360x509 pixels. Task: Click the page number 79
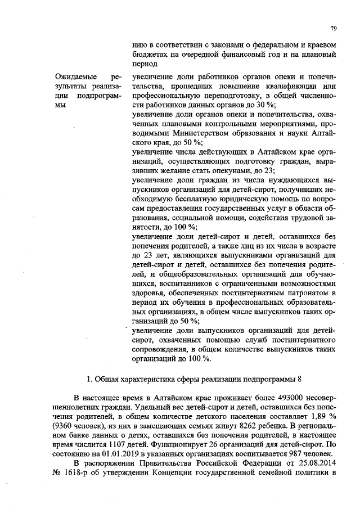click(333, 27)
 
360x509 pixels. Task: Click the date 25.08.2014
click(316, 463)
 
